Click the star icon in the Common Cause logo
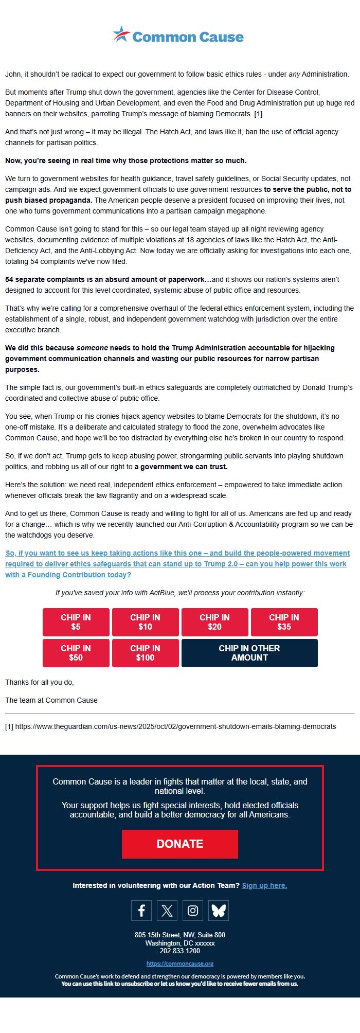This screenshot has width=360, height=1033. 122,34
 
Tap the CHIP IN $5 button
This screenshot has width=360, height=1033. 76,622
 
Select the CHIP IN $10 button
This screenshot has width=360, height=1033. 146,622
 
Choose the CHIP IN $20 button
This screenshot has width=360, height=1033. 215,622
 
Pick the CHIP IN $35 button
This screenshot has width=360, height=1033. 284,622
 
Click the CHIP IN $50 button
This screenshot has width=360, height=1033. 76,653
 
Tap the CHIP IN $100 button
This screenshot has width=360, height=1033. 146,653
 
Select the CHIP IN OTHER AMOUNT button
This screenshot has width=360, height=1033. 249,653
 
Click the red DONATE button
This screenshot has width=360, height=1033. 180,844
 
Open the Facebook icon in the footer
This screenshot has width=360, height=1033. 141,911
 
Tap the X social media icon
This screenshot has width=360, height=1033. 167,911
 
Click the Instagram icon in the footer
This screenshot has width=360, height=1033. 193,911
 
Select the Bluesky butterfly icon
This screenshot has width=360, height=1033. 219,911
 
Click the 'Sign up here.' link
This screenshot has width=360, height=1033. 264,885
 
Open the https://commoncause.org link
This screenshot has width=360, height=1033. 180,964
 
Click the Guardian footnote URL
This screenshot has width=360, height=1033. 175,726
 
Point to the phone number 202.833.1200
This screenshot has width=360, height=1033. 180,951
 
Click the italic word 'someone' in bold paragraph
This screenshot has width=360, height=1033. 92,348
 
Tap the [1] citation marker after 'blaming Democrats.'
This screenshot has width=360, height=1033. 258,114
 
